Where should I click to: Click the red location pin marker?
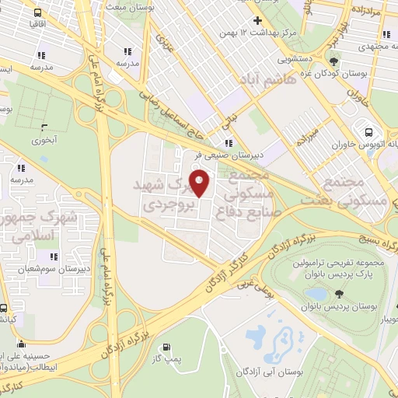pos(200,183)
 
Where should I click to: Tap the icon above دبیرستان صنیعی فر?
pos(228,143)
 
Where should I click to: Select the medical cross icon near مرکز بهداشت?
pos(257,20)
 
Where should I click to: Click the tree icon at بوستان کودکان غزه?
pos(333,61)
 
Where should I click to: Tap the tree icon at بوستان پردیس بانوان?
pos(339,294)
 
